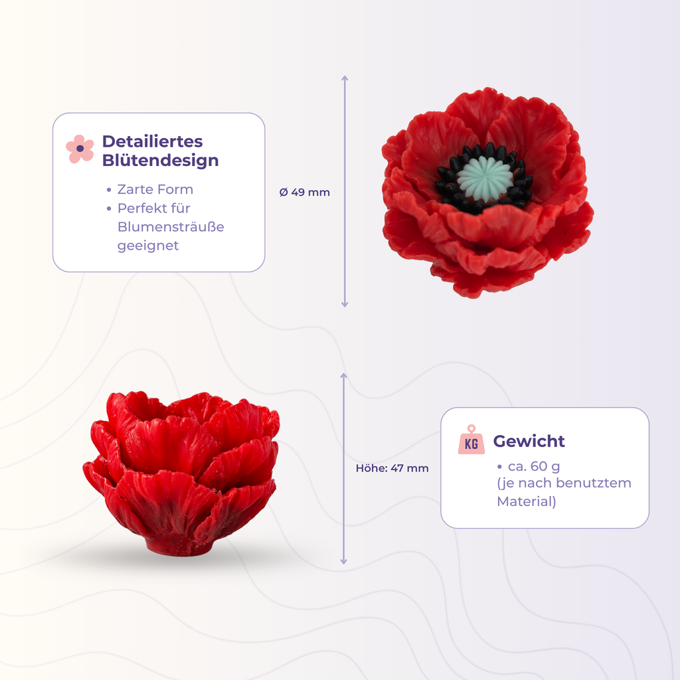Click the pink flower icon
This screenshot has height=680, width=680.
[80, 149]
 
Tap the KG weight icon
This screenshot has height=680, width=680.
[471, 440]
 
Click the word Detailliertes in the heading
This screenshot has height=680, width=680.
[152, 141]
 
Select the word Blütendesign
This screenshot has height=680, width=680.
[160, 160]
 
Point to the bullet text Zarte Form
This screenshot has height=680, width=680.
[155, 189]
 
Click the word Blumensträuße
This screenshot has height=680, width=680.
[171, 226]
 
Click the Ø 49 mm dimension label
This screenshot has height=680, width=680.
[305, 193]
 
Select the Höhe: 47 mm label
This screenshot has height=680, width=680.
[392, 468]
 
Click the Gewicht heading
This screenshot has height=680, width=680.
[529, 441]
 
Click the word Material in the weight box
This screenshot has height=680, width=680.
[527, 501]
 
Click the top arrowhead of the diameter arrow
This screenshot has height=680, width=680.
[345, 79]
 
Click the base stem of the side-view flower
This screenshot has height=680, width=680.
[179, 546]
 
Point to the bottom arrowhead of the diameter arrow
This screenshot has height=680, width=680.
[345, 304]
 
